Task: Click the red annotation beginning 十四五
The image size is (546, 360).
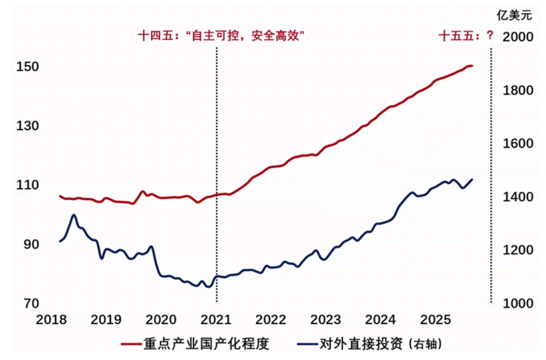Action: point(217,36)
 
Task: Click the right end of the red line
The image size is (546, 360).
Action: point(472,66)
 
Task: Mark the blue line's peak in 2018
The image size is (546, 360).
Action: point(74,215)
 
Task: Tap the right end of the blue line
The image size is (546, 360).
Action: point(472,179)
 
